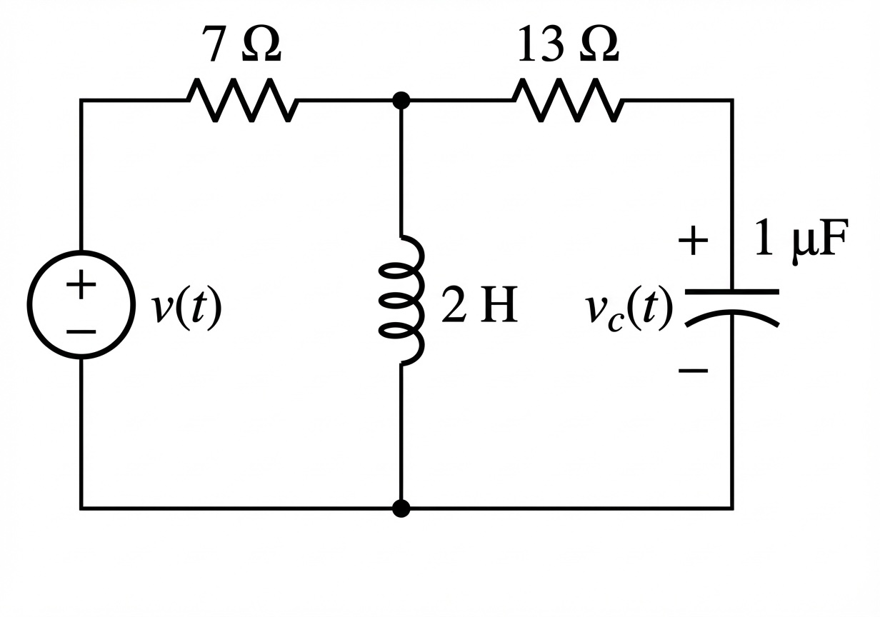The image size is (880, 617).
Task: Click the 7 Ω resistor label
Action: [244, 46]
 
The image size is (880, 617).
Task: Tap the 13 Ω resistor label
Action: [567, 46]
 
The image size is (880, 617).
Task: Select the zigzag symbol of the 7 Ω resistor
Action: [244, 101]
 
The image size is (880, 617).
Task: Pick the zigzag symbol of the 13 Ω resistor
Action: [569, 101]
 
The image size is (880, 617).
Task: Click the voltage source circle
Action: [81, 304]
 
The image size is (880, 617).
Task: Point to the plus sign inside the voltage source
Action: [81, 286]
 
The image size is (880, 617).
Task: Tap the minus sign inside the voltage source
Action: [81, 332]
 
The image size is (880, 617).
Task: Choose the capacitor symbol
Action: [731, 304]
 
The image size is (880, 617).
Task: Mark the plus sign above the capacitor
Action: [693, 241]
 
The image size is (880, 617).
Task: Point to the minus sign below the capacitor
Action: [693, 370]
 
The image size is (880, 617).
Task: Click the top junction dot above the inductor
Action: [401, 101]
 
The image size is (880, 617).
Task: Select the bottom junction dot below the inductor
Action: [401, 508]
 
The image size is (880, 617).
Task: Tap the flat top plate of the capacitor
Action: [731, 292]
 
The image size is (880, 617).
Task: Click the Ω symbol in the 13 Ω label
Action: [599, 46]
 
